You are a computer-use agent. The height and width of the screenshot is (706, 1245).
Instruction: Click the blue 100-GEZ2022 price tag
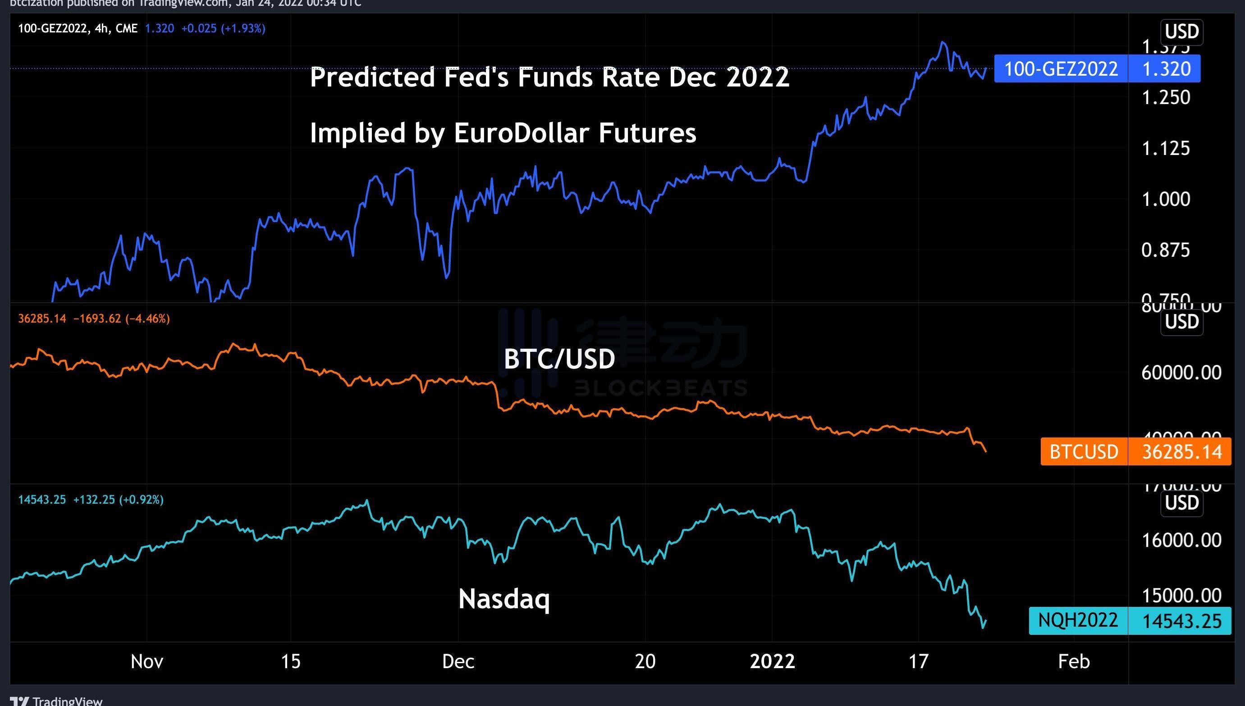1061,69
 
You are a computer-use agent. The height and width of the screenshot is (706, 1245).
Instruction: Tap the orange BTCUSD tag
1084,451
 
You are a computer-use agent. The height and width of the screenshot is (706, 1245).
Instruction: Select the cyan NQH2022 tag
1078,620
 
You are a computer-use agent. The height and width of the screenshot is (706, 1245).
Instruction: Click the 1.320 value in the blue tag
1167,69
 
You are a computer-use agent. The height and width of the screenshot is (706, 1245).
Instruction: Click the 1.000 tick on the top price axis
1166,199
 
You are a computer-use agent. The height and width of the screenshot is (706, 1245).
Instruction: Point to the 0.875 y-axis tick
1166,250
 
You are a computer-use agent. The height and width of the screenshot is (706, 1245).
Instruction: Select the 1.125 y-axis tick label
1166,148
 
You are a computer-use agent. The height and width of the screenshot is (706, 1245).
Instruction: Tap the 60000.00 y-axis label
1181,373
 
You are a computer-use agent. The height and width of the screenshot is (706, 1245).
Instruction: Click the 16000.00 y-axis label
1181,540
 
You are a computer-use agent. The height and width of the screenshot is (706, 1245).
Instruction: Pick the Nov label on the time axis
147,661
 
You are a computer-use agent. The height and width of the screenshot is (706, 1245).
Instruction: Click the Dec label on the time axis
458,661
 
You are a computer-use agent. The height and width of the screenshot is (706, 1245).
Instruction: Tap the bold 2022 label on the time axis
772,661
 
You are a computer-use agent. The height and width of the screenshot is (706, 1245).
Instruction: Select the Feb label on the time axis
1074,661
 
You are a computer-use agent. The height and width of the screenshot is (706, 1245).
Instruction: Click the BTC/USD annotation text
559,359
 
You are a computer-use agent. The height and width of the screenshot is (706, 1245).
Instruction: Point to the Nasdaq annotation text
504,599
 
